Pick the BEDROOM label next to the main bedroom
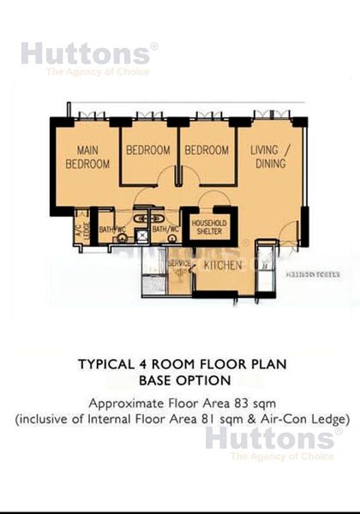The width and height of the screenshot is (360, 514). [149, 150]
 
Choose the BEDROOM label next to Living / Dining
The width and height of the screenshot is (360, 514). [207, 150]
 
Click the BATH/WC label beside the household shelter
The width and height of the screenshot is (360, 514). [165, 230]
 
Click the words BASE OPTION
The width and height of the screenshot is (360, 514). [180, 380]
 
